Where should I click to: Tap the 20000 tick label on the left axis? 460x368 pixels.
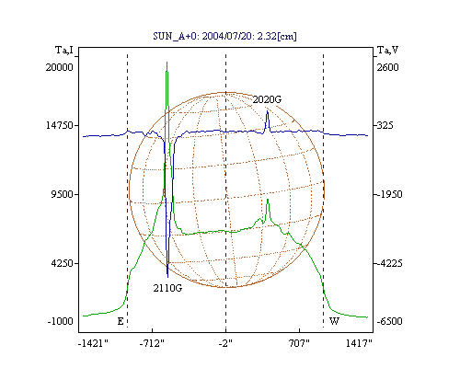(60, 67)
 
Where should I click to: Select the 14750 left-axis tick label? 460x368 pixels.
(60, 125)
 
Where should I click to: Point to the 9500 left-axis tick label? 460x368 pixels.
(63, 194)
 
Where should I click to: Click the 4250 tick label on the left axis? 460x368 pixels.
(63, 263)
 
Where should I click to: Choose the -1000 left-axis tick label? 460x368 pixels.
(61, 321)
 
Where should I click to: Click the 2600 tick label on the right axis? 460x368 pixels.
(387, 67)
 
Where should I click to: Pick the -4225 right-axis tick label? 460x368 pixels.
(389, 263)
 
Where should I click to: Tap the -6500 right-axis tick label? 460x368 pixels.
(389, 321)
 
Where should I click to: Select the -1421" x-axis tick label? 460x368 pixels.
(93, 343)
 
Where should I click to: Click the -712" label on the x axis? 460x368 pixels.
(152, 343)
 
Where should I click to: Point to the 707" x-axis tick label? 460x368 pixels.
(299, 343)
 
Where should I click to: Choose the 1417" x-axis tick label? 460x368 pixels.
(359, 343)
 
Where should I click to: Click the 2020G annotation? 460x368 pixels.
(267, 99)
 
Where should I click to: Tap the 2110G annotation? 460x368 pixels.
(167, 288)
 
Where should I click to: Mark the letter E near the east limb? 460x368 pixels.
(121, 321)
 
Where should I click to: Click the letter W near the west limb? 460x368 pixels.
(334, 321)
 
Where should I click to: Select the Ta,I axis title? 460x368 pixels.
(64, 50)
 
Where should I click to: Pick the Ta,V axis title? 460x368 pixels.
(387, 50)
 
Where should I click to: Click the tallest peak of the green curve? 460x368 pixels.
(167, 63)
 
